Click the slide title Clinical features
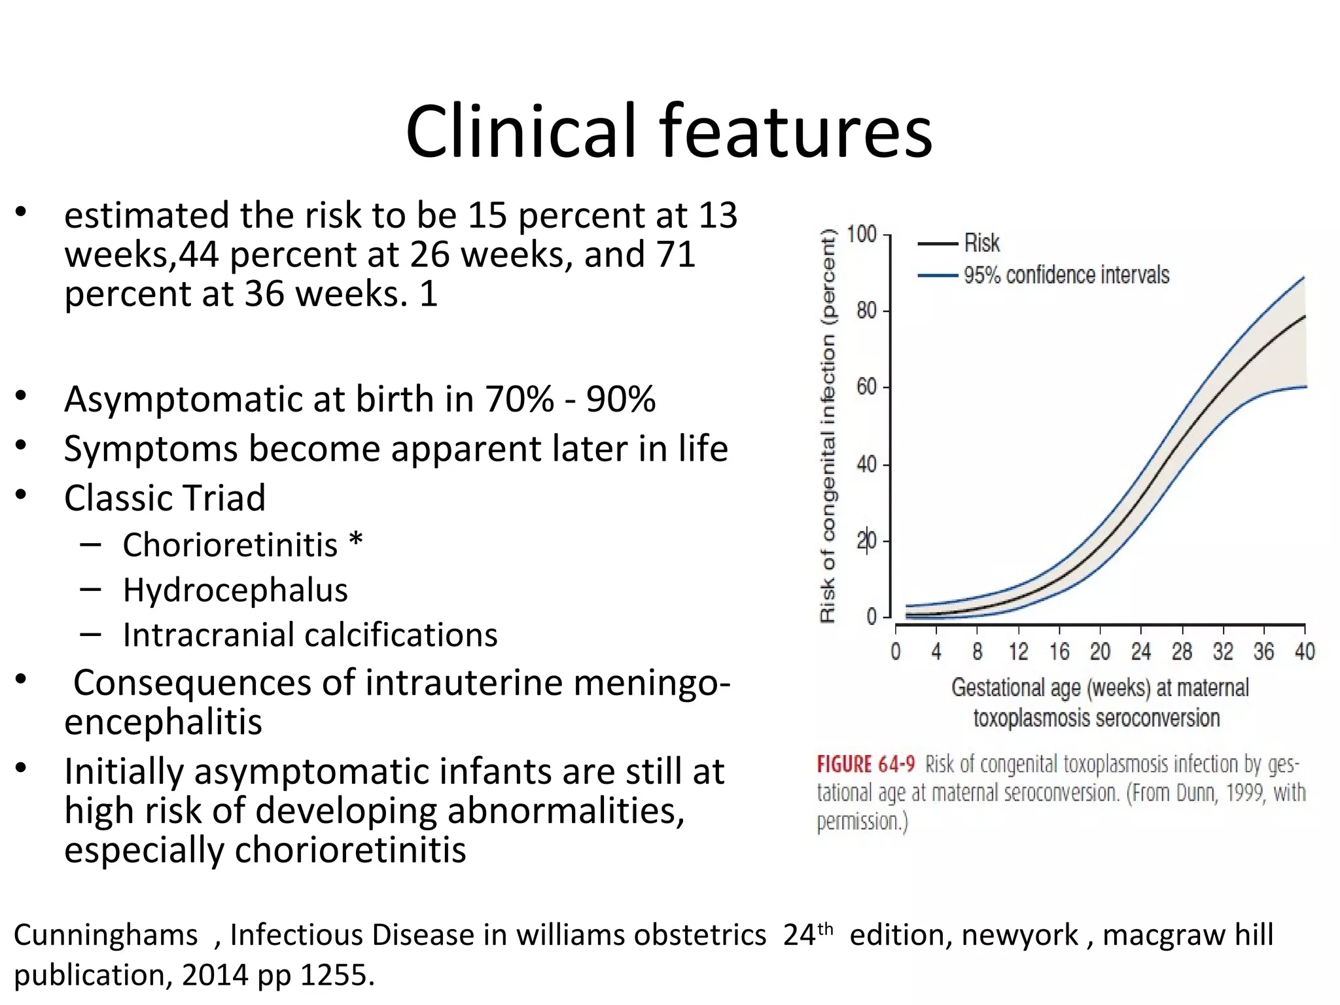669,132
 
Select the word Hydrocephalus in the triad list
235,590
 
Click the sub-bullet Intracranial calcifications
310,635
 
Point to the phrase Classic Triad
165,498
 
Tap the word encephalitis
163,722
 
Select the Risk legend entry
981,243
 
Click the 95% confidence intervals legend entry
1066,275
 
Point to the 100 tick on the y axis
861,234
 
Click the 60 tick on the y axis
866,387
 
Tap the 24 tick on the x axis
1140,652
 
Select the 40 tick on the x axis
1304,652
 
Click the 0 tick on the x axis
896,652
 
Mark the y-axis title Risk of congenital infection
828,425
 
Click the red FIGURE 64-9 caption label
865,764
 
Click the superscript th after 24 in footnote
825,928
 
